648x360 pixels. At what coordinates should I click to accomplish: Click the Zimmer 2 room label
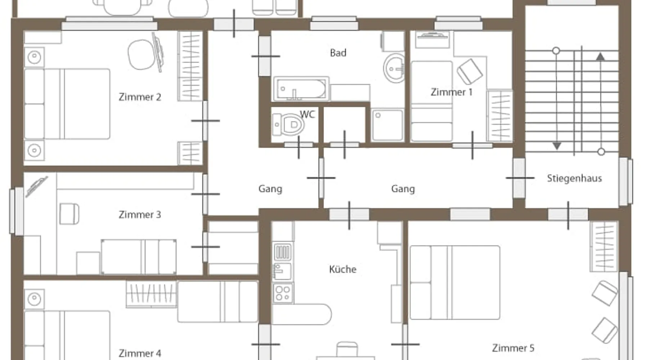(x=140, y=97)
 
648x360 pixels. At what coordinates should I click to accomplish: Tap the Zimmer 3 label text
(x=140, y=215)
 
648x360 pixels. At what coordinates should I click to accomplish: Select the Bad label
(x=338, y=53)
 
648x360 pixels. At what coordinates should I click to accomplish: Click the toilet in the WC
(x=288, y=125)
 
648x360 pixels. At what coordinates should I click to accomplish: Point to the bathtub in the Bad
(x=301, y=88)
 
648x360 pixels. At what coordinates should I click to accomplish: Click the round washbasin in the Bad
(x=394, y=68)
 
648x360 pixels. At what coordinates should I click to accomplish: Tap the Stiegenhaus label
(x=574, y=178)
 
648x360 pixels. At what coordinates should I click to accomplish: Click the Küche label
(x=343, y=269)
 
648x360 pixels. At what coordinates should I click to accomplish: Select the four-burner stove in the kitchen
(x=283, y=293)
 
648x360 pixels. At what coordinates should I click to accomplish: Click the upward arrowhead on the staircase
(x=600, y=57)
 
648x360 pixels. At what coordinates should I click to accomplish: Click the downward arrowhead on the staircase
(x=557, y=146)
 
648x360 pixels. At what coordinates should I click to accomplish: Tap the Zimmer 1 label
(x=451, y=92)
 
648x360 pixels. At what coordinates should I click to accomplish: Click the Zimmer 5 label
(x=513, y=348)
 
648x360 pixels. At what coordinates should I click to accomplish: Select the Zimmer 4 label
(x=140, y=353)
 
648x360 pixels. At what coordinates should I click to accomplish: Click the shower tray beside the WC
(x=387, y=125)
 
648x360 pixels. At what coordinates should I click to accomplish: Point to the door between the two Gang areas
(x=321, y=178)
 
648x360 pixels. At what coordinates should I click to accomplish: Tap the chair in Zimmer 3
(x=69, y=214)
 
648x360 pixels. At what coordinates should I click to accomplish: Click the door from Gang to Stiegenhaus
(x=519, y=178)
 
